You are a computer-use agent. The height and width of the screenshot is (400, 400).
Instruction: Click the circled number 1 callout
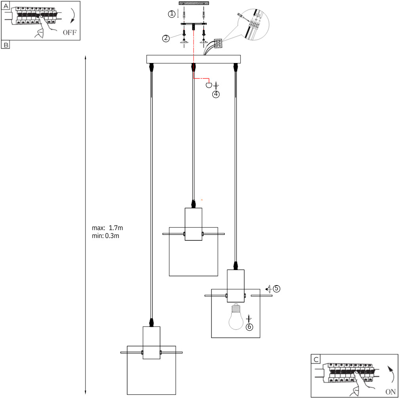point(172,14)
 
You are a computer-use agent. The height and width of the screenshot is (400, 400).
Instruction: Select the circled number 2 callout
point(166,38)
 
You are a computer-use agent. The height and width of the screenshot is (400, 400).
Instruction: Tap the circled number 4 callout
point(216,94)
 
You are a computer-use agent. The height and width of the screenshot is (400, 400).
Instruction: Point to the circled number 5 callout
point(276,289)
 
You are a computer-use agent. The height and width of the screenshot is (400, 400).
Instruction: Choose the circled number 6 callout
point(249,327)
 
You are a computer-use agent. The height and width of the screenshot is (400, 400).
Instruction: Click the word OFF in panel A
point(70,32)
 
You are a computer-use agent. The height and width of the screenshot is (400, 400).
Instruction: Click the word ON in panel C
point(390,392)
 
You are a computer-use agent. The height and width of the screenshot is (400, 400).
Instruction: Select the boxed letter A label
point(6,6)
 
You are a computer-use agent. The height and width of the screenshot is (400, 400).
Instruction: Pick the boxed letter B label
point(6,45)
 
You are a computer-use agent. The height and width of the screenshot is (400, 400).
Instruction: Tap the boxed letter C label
point(316,359)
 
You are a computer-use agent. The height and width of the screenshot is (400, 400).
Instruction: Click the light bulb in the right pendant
point(236,316)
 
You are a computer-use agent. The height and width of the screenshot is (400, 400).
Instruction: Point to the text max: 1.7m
point(107,228)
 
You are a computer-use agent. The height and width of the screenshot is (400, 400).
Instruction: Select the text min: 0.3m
point(106,236)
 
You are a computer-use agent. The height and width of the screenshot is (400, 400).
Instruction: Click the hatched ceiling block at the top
point(194,3)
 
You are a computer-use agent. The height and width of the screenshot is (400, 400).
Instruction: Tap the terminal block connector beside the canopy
point(218,44)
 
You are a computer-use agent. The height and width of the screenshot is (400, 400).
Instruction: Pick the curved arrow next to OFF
point(73,16)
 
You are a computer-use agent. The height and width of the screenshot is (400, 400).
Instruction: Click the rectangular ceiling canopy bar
point(194,59)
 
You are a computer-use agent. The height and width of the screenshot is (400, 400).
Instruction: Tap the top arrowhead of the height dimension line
point(86,57)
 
